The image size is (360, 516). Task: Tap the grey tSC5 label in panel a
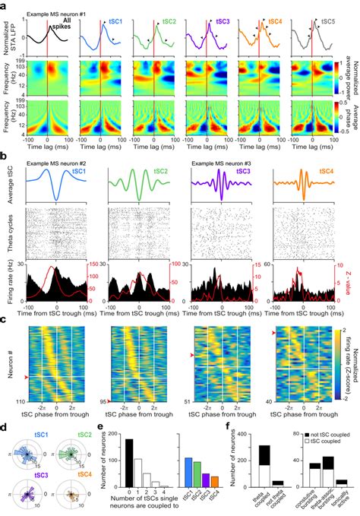(x=327, y=22)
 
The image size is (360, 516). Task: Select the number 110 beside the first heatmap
(x=16, y=399)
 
